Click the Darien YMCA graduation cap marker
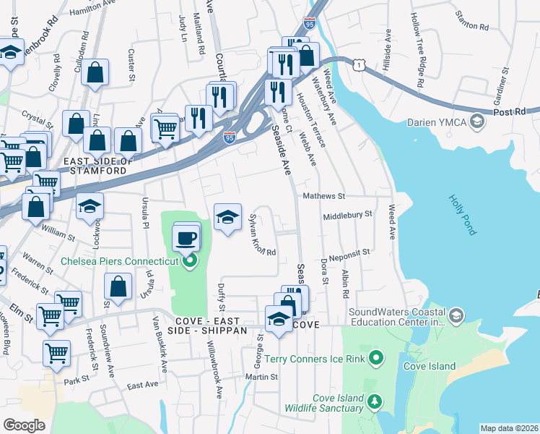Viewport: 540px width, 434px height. pos(476,122)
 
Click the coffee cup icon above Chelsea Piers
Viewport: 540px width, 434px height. pos(186,237)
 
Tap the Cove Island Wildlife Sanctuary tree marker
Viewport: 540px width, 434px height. pos(374,401)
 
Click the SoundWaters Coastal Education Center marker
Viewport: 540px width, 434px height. pos(456,316)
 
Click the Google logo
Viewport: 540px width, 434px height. pos(24,425)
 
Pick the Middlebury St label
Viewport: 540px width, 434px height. pos(347,215)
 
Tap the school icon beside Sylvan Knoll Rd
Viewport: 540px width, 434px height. pos(227,216)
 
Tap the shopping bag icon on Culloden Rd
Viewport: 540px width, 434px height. pos(95,72)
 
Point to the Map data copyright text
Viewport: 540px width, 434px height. pos(508,428)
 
